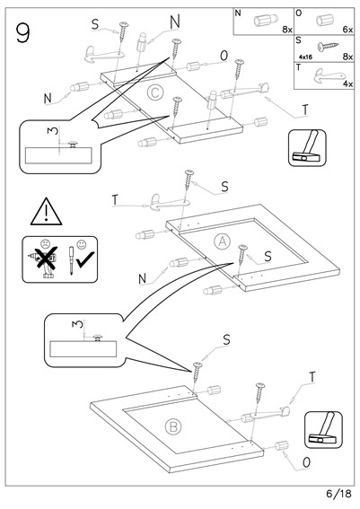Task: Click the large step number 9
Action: pyautogui.click(x=22, y=33)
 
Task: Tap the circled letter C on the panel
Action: pyautogui.click(x=154, y=92)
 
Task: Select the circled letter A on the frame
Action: pyautogui.click(x=223, y=241)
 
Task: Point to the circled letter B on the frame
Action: pyautogui.click(x=173, y=426)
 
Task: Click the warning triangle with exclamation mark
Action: pyautogui.click(x=46, y=212)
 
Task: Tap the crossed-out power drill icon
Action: pyautogui.click(x=46, y=261)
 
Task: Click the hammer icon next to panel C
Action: pyautogui.click(x=307, y=148)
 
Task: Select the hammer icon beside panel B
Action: pyautogui.click(x=323, y=430)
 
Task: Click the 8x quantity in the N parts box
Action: pyautogui.click(x=287, y=30)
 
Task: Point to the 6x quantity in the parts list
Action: pyautogui.click(x=347, y=30)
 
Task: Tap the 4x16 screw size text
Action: pyautogui.click(x=305, y=57)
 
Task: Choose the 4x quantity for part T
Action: pyautogui.click(x=348, y=83)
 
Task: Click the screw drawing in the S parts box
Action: pyautogui.click(x=328, y=47)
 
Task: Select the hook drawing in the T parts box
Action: pyautogui.click(x=329, y=75)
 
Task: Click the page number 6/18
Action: pyautogui.click(x=338, y=494)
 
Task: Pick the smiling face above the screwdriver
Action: pyautogui.click(x=81, y=244)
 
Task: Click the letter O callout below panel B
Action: pyautogui.click(x=306, y=462)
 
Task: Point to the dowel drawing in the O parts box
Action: pyautogui.click(x=325, y=20)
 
